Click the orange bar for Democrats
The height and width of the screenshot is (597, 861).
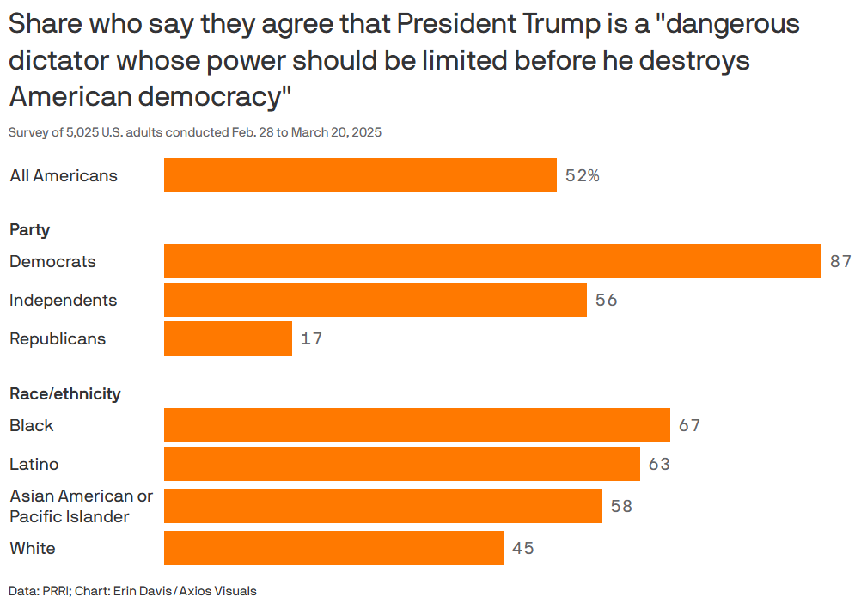coord(492,261)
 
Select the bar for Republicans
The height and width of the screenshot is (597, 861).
coord(228,338)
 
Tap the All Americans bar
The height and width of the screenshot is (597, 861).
coord(360,175)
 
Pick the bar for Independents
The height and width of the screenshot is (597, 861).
coord(375,300)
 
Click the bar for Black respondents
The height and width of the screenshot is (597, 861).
coord(417,425)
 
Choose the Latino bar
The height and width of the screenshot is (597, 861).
coord(401,464)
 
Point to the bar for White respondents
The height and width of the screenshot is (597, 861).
coord(333,548)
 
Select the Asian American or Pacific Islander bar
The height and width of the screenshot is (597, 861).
coord(382,506)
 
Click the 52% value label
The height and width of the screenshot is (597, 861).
coord(582,175)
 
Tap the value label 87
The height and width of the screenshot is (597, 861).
coord(840,261)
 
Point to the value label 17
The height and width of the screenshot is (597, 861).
coord(311,338)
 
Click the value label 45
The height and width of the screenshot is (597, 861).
coord(522,548)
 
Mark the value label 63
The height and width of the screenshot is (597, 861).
coord(658,464)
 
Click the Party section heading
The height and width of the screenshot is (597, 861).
coord(29,229)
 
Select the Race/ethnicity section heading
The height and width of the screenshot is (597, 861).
coord(64,393)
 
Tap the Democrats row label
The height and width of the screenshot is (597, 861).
coord(52,261)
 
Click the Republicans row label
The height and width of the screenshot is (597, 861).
coord(58,338)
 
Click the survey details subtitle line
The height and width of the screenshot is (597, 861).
coord(195,132)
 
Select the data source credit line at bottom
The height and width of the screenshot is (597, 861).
coord(133,590)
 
